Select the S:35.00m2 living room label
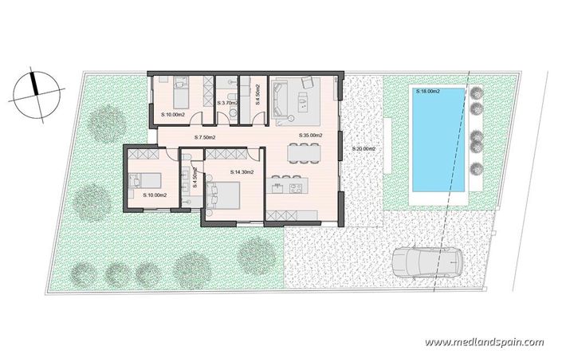pos(309,136)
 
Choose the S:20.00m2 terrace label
pos(364,149)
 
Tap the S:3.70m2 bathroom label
pos(229,104)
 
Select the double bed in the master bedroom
pos(226,195)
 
